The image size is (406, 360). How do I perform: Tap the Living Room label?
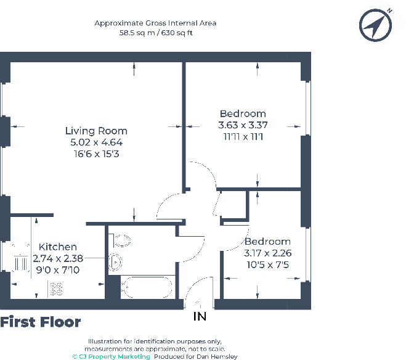tap(96, 131)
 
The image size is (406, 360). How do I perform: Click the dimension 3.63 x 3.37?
tap(243, 125)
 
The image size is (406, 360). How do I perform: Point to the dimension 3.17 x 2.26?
tap(267, 253)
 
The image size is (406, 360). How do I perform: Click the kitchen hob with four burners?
tap(55, 288)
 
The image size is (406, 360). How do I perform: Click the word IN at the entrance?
tap(200, 317)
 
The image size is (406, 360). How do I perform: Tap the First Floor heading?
tap(40, 322)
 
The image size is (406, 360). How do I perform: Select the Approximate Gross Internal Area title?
tap(155, 23)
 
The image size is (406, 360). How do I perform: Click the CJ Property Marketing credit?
tap(111, 356)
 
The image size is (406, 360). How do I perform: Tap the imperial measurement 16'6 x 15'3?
tap(96, 153)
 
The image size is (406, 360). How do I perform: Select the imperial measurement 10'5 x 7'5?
tap(267, 264)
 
